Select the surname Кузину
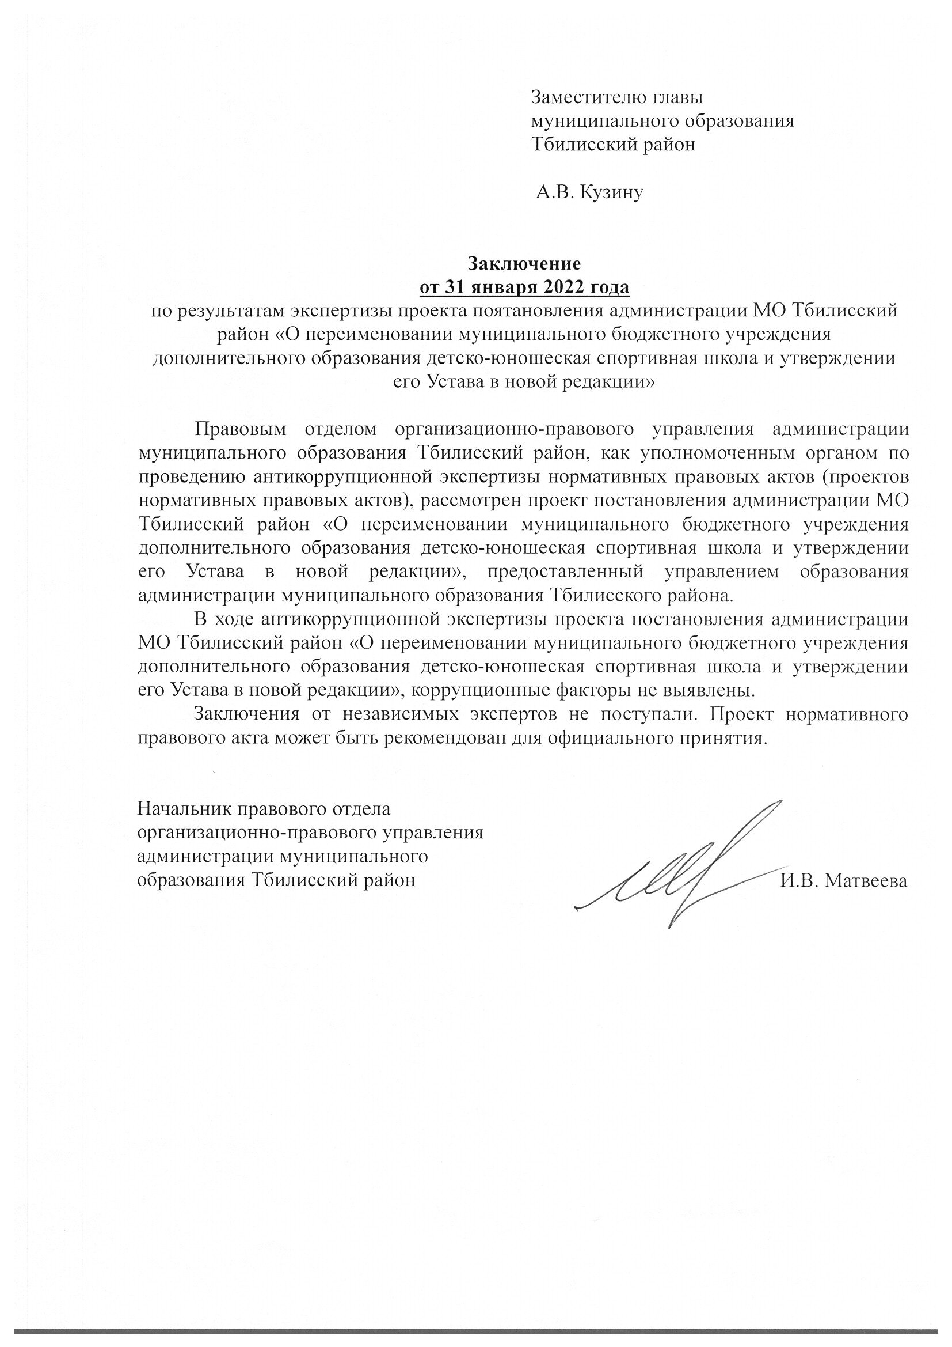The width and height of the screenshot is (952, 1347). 611,192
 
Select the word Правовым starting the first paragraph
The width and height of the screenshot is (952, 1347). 241,429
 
